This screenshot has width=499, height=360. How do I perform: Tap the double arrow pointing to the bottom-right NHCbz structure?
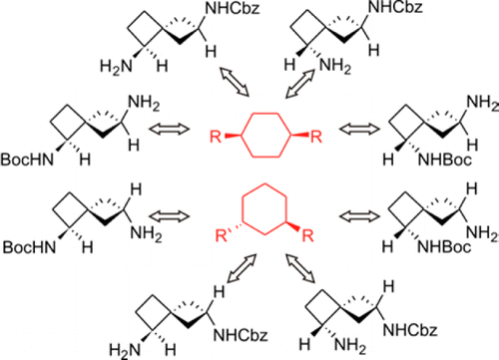[x=299, y=278]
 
